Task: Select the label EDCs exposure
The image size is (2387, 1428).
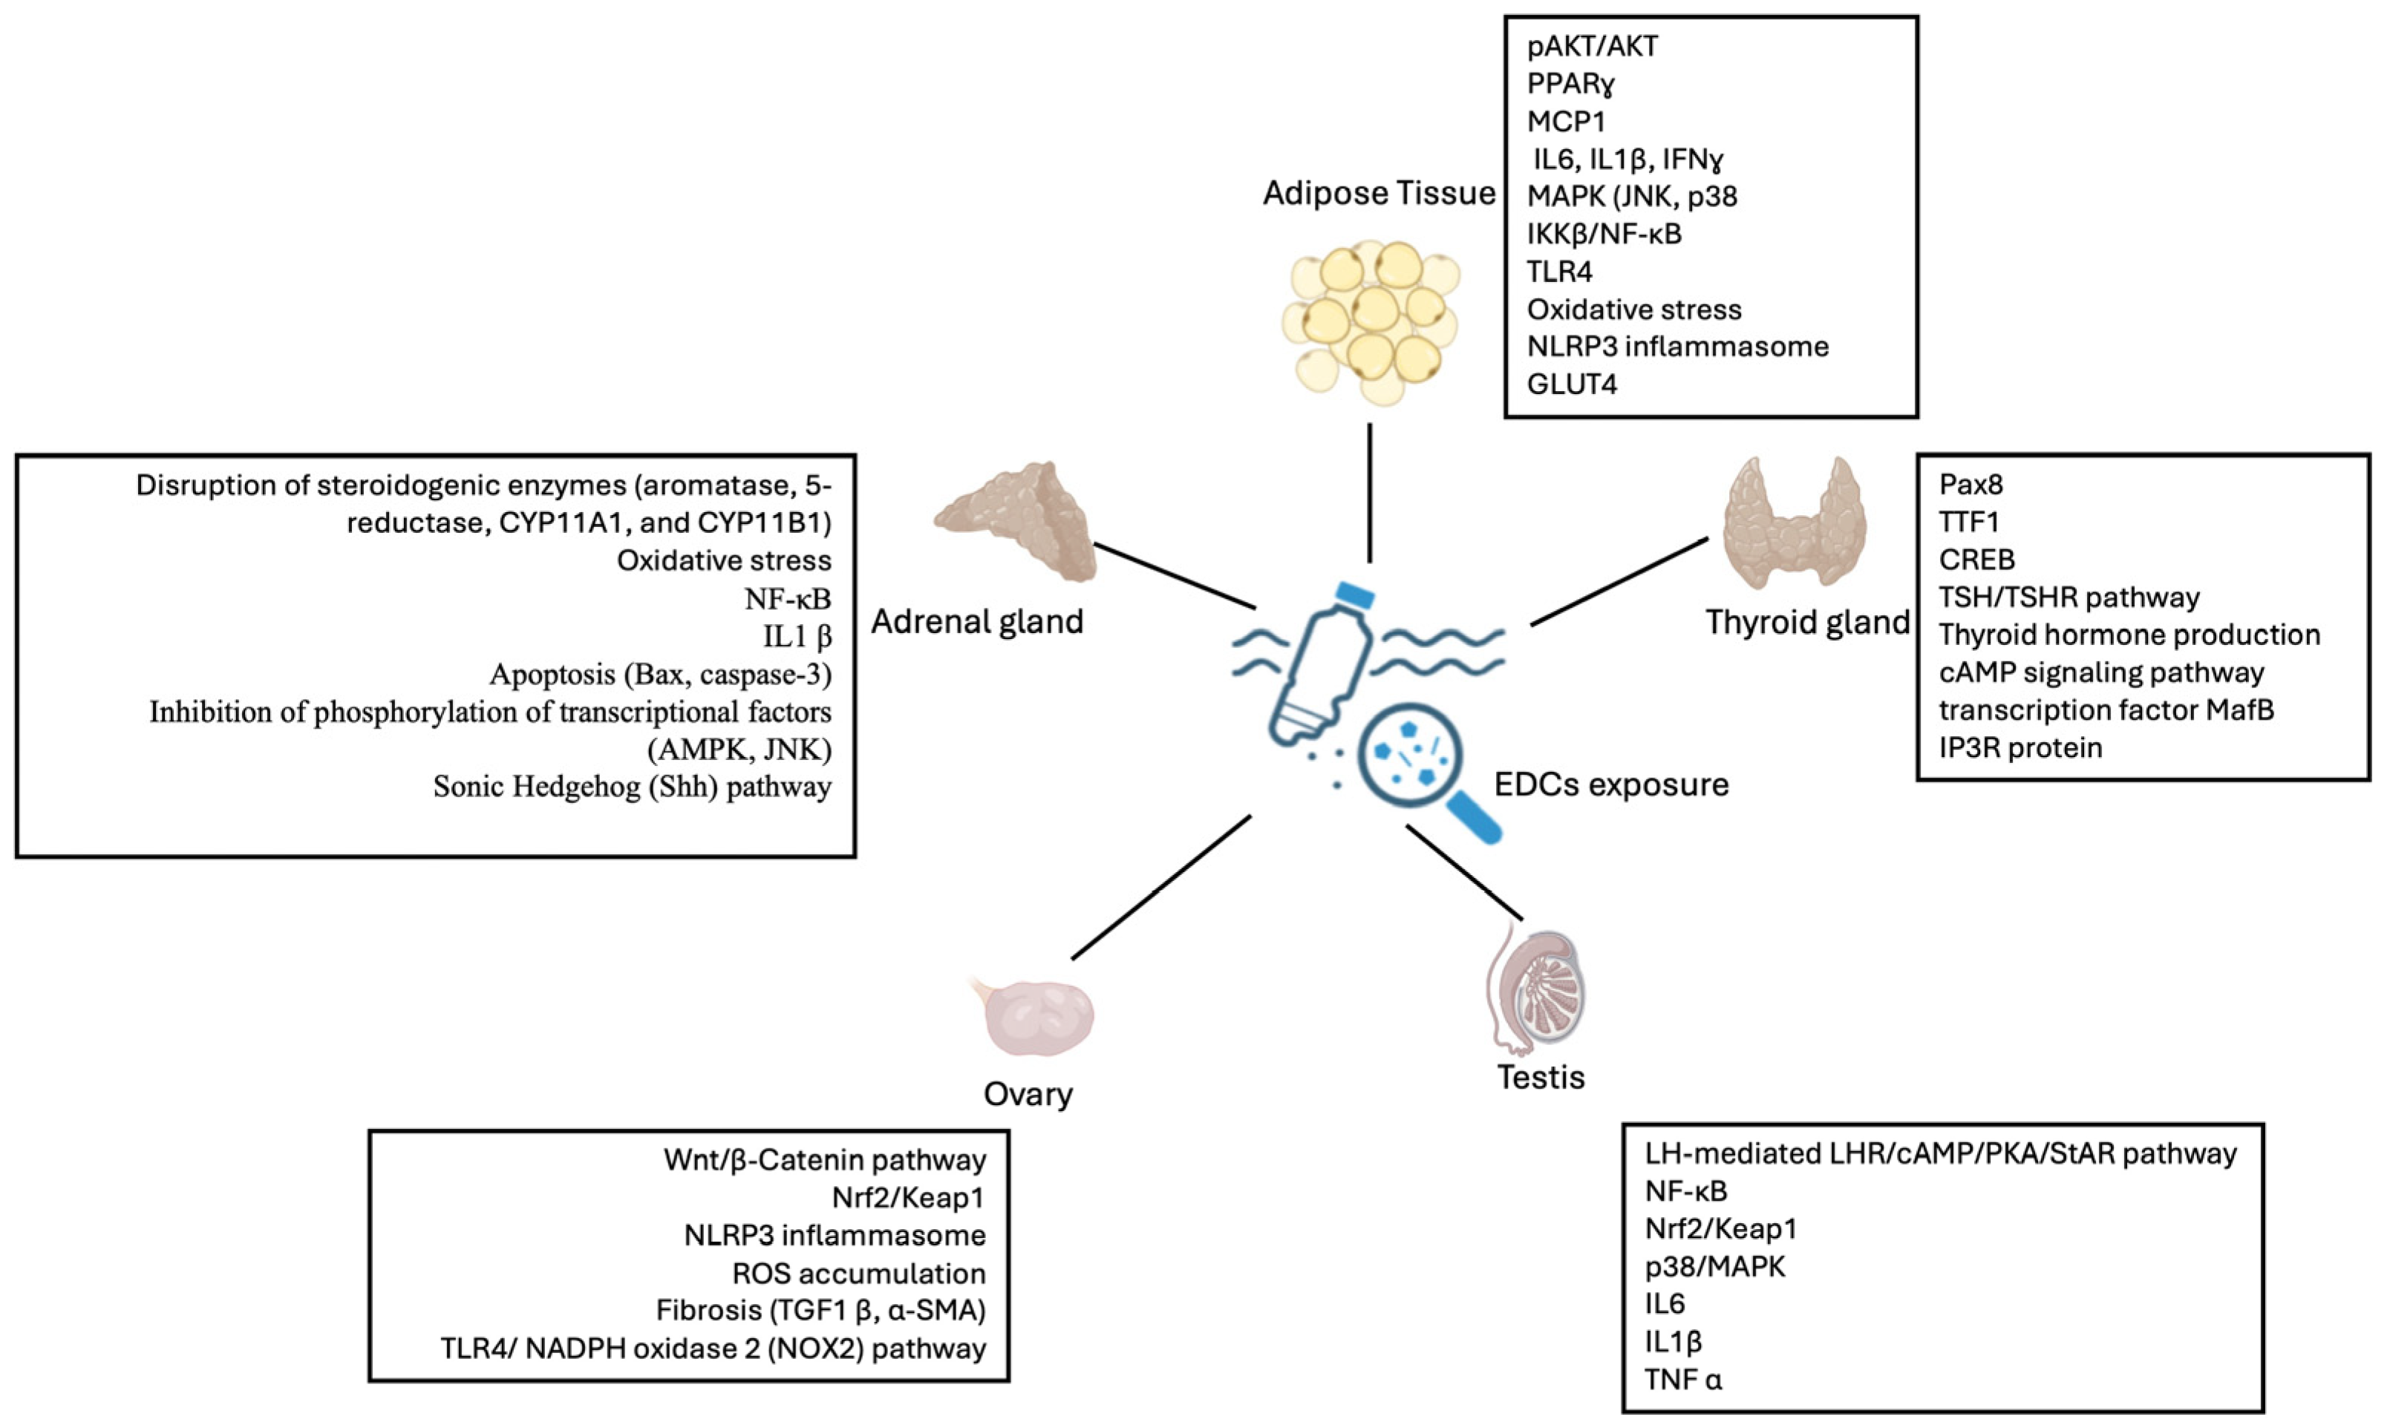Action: click(x=1610, y=785)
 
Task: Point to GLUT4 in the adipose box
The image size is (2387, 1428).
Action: click(x=1572, y=384)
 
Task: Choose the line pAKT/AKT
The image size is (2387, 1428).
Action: click(x=1592, y=46)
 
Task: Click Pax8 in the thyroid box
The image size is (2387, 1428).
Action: click(x=1970, y=484)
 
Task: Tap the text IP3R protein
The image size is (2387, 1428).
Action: click(x=2019, y=747)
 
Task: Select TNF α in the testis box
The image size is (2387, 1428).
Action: click(x=1682, y=1379)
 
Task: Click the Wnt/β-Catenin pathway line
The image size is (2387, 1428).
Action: click(x=824, y=1161)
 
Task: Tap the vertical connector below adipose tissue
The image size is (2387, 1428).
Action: click(x=1370, y=493)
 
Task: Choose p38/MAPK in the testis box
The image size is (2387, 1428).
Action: click(x=1714, y=1266)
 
